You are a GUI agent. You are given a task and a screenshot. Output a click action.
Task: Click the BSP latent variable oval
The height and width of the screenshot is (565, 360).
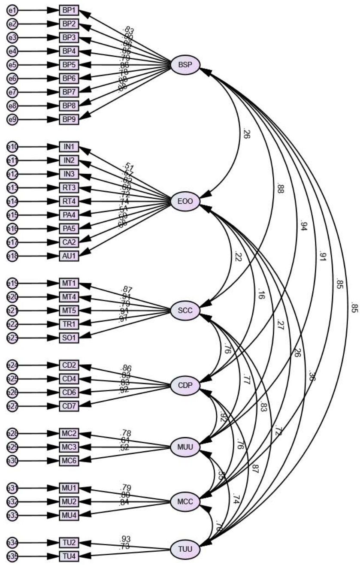click(x=185, y=66)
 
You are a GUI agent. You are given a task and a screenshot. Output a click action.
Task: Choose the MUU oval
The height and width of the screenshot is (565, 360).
click(x=185, y=447)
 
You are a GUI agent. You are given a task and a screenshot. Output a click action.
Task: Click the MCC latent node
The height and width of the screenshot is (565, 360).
click(x=185, y=501)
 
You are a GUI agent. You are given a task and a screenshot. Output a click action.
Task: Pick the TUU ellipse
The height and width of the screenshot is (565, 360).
click(x=185, y=549)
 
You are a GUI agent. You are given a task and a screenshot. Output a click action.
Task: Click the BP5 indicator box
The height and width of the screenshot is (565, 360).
click(x=69, y=65)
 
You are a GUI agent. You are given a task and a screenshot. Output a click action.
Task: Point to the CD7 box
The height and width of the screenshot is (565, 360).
click(x=69, y=406)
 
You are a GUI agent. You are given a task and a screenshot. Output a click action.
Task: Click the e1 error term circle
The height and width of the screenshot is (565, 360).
click(x=12, y=10)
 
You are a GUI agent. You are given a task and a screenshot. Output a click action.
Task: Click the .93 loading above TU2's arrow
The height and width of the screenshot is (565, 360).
click(x=126, y=538)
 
